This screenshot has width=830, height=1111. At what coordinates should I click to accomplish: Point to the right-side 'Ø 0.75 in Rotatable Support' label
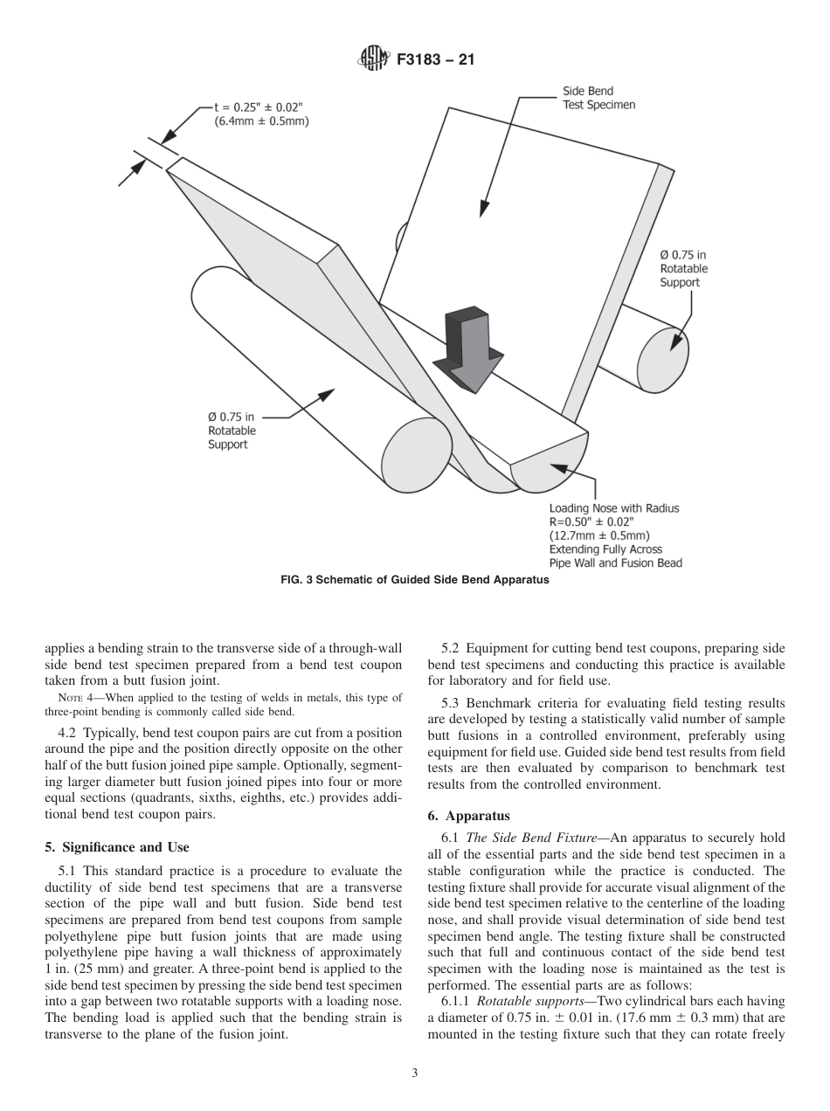click(684, 268)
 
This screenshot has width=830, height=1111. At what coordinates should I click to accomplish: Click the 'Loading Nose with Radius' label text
click(613, 508)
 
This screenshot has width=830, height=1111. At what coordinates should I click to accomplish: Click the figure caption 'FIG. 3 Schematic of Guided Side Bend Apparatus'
click(415, 582)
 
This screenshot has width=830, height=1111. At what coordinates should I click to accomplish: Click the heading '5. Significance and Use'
click(116, 847)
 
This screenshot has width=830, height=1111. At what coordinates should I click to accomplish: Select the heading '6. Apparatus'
click(478, 817)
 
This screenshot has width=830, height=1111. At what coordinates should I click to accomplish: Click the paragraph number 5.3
click(452, 703)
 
